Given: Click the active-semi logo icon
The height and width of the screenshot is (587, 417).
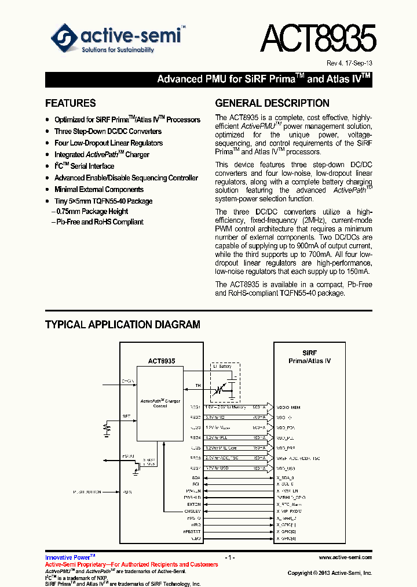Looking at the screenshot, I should coord(64,38).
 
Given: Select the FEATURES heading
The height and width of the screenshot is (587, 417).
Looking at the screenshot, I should coord(71,103).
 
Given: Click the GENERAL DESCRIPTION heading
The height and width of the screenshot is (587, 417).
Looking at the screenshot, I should coord(272,103).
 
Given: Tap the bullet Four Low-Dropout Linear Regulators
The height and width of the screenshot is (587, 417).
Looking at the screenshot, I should coord(108,143).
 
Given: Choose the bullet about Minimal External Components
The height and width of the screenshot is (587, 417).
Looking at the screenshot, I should coord(98,189).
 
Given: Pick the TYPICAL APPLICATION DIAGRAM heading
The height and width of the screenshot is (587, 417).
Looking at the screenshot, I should coord(123,325).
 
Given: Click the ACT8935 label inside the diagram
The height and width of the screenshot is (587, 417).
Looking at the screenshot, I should coord(161,361).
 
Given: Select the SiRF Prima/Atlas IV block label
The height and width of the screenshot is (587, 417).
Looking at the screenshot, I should coord(309,357).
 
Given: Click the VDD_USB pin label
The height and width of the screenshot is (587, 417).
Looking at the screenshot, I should coord(286,468).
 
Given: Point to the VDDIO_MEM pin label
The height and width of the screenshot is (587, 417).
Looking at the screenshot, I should coord(288,407).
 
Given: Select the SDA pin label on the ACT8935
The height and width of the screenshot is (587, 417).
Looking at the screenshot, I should coord(196,477).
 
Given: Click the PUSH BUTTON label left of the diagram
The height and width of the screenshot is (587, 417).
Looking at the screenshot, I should coord(87,491).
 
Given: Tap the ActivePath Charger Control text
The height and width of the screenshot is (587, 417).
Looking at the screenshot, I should coord(160,404).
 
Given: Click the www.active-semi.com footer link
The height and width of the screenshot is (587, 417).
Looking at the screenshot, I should coord(345,557).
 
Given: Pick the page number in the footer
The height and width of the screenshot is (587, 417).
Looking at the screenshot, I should coord(230,557).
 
